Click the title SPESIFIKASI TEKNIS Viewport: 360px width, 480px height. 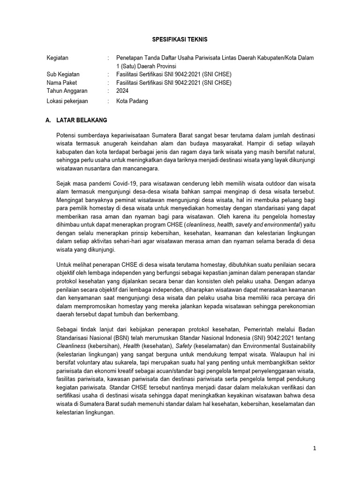tap(181, 40)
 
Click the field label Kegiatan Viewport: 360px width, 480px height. tap(58, 58)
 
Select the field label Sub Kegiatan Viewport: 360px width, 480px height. tap(63, 75)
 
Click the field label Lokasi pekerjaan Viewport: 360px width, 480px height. tap(67, 101)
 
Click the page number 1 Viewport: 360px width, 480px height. tap(315, 448)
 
